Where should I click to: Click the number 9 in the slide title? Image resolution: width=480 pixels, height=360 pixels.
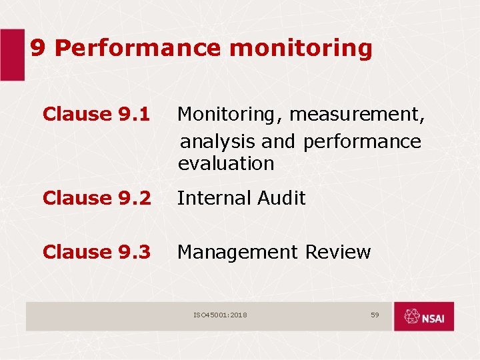(x=39, y=48)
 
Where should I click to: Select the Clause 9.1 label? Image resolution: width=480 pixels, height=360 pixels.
(x=96, y=114)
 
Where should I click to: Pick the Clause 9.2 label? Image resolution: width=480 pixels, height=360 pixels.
(x=96, y=198)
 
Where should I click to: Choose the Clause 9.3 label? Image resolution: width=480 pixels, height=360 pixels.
(x=96, y=252)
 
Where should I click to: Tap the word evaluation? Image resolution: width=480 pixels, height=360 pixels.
(x=226, y=163)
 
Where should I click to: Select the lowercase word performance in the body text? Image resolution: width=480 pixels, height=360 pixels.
(x=361, y=141)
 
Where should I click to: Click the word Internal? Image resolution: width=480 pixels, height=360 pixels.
(x=213, y=198)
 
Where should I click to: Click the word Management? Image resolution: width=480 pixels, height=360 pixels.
(x=237, y=252)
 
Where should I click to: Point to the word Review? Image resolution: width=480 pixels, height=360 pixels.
(x=337, y=252)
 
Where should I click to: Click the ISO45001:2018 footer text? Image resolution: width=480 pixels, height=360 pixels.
(x=220, y=315)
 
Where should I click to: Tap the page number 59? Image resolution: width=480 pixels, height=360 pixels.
(x=375, y=314)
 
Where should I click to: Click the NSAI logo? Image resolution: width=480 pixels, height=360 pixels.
(x=423, y=316)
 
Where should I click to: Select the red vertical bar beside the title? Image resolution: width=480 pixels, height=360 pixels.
(x=11, y=55)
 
